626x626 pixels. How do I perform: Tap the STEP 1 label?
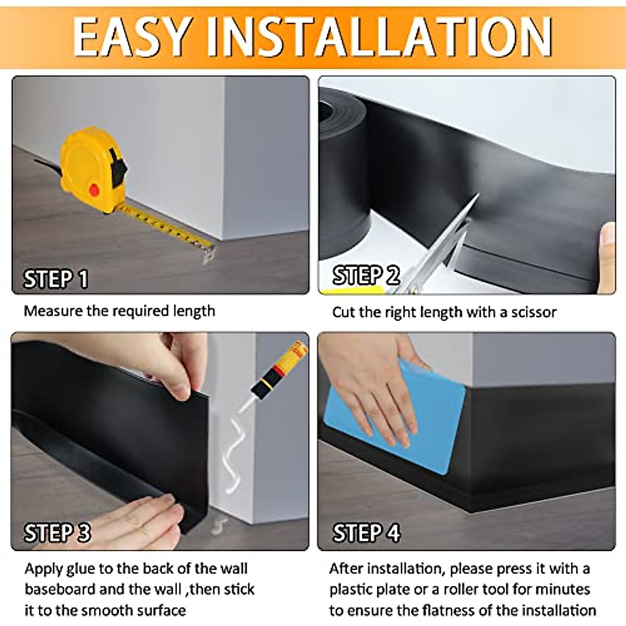coord(56,279)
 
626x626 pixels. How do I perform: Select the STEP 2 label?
coord(366,275)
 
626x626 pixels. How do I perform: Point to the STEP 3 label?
coord(57,533)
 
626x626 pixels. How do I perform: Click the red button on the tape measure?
coord(94,190)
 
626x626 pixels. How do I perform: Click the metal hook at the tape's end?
coord(209,255)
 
